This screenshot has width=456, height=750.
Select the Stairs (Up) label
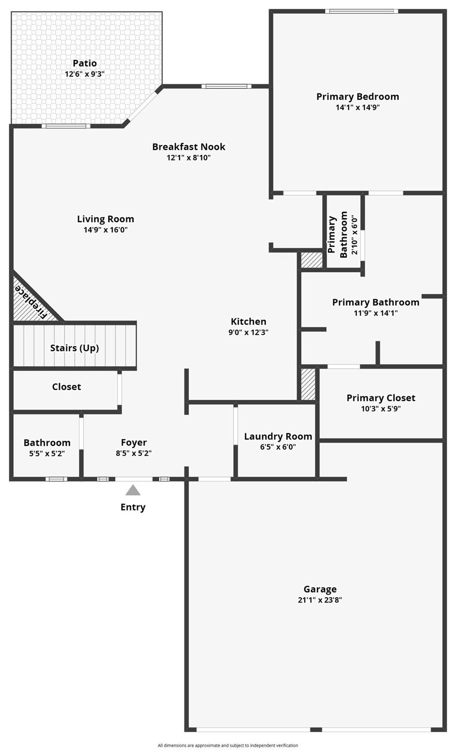click(74, 348)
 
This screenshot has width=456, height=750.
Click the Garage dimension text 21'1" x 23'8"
click(320, 600)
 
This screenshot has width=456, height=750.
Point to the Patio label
click(84, 63)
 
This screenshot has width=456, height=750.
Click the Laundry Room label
click(278, 437)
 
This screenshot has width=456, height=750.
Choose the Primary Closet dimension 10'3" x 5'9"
click(381, 409)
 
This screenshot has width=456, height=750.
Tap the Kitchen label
click(249, 322)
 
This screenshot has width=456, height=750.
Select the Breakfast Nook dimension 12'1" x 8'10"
click(189, 157)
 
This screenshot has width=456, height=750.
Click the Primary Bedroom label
click(357, 97)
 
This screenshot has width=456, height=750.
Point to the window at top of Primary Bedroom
click(362, 11)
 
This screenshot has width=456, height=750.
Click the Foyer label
click(134, 443)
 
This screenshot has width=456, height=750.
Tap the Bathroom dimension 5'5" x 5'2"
click(47, 454)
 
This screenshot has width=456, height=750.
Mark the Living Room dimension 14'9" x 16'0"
click(105, 230)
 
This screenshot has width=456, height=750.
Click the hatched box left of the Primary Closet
click(308, 384)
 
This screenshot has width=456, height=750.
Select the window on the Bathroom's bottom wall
click(56, 479)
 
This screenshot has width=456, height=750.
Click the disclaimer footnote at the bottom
click(228, 745)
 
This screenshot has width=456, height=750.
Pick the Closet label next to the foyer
click(66, 387)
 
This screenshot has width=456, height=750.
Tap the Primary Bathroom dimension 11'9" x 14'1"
click(375, 313)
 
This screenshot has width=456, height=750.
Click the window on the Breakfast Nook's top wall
click(227, 86)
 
